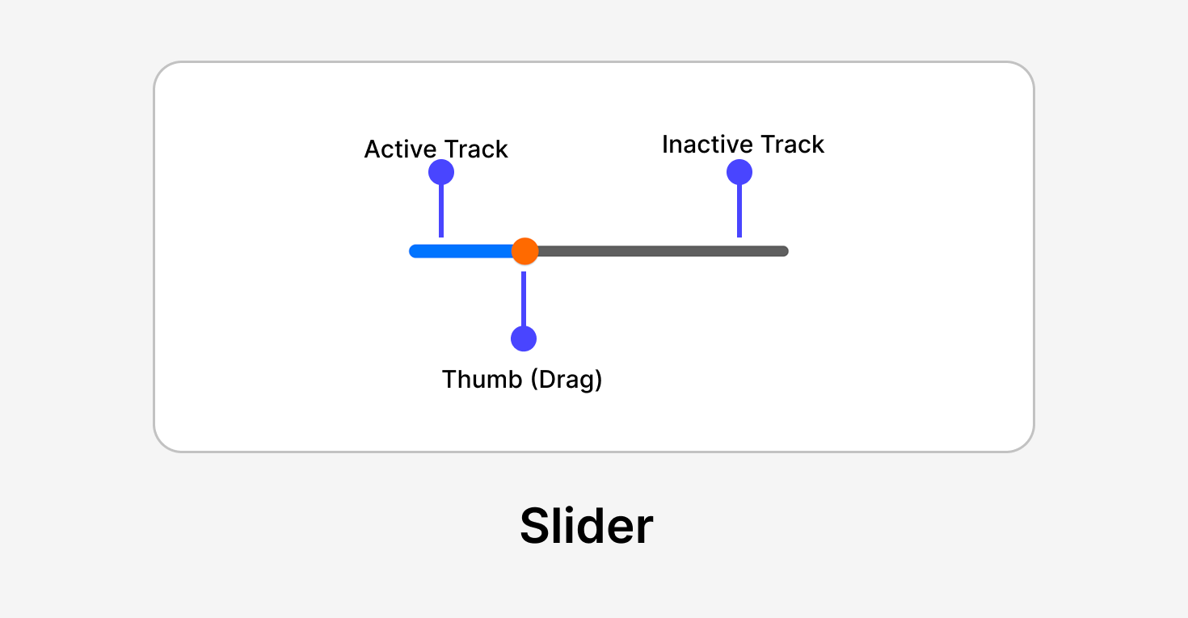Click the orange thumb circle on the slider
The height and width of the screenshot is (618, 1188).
point(524,251)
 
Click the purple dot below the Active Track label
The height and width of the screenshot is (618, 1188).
point(441,172)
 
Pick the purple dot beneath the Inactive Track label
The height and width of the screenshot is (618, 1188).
point(739,172)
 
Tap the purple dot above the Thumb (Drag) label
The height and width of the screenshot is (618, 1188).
point(524,338)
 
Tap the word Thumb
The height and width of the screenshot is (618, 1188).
point(482,380)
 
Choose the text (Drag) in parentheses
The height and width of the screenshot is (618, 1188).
point(567,380)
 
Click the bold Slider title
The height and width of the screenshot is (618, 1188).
point(586,526)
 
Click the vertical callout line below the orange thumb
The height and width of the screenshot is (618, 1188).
point(524,299)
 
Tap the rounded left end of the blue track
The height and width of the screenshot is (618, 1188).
point(415,251)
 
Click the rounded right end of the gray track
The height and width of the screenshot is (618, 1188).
point(783,251)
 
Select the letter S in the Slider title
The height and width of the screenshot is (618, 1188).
point(536,527)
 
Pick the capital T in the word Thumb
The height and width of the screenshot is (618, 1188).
point(450,380)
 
